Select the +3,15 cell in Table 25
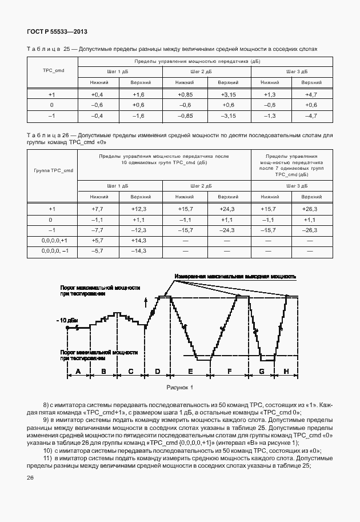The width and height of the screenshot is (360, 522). (228, 94)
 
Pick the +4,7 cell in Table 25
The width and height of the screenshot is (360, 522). (311, 94)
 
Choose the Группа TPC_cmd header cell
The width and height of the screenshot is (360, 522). (53, 170)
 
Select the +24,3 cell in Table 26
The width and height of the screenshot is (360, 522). (227, 209)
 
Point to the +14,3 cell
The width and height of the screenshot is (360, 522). (139, 241)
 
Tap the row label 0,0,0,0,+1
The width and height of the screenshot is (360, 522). (55, 241)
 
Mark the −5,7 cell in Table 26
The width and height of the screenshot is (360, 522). (97, 251)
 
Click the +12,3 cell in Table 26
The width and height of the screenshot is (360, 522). (139, 209)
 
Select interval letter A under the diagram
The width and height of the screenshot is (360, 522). (78, 372)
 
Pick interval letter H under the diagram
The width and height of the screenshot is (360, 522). (286, 372)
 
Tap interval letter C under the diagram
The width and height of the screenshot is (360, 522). (131, 372)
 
